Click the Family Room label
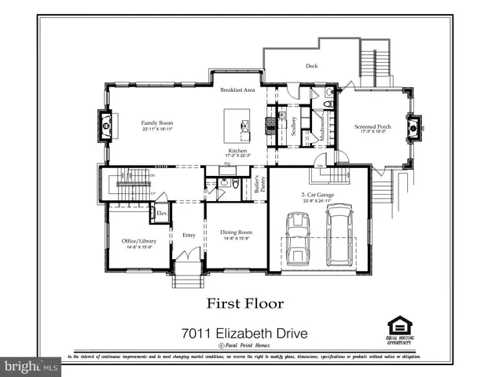157,123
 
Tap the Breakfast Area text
237,90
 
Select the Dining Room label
236,232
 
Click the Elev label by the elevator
161,214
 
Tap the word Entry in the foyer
189,235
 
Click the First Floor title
245,302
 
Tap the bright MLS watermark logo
31,366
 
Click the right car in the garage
339,233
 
